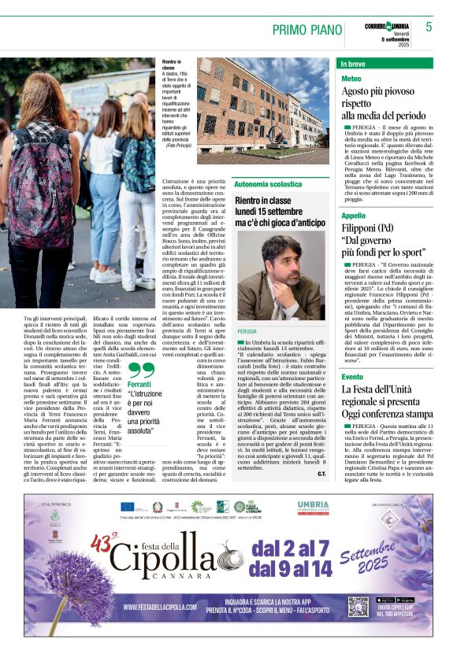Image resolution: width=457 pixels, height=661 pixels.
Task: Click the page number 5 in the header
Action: pos(429,27)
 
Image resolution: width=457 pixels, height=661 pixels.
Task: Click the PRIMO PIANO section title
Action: pos(303,29)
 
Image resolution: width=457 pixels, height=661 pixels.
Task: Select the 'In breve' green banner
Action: pos(385,63)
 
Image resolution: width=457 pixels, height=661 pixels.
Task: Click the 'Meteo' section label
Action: pos(351,79)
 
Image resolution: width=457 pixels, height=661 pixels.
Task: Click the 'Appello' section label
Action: pos(354,216)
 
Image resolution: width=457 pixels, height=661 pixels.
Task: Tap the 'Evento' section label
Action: pos(353,377)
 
